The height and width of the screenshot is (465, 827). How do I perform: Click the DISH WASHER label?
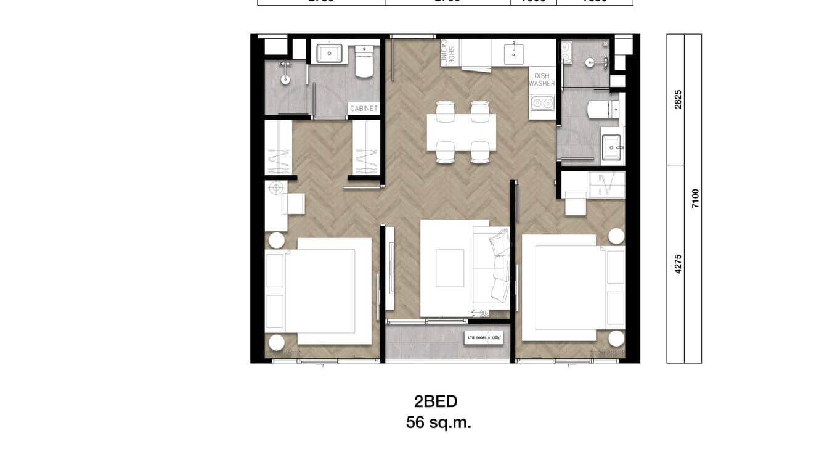pyautogui.click(x=542, y=80)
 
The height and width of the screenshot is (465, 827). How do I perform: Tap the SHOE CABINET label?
pyautogui.click(x=447, y=52)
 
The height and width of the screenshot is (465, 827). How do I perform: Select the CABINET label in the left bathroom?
pyautogui.click(x=364, y=109)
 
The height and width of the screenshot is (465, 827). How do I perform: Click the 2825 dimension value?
pyautogui.click(x=678, y=99)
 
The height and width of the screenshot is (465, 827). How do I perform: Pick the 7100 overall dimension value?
pyautogui.click(x=695, y=199)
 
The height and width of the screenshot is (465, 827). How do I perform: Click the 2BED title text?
pyautogui.click(x=436, y=401)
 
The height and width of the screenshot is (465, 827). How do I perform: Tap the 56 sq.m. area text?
pyautogui.click(x=438, y=422)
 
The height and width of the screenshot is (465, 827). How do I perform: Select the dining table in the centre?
pyautogui.click(x=462, y=133)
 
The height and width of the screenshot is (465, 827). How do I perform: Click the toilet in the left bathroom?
pyautogui.click(x=364, y=60)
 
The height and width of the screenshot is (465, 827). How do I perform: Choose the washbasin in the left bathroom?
pyautogui.click(x=329, y=53)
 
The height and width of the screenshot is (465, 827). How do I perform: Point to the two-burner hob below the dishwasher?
pyautogui.click(x=542, y=103)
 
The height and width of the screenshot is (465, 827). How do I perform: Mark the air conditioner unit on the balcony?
pyautogui.click(x=484, y=337)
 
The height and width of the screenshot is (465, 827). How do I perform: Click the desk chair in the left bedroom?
pyautogui.click(x=294, y=204)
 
